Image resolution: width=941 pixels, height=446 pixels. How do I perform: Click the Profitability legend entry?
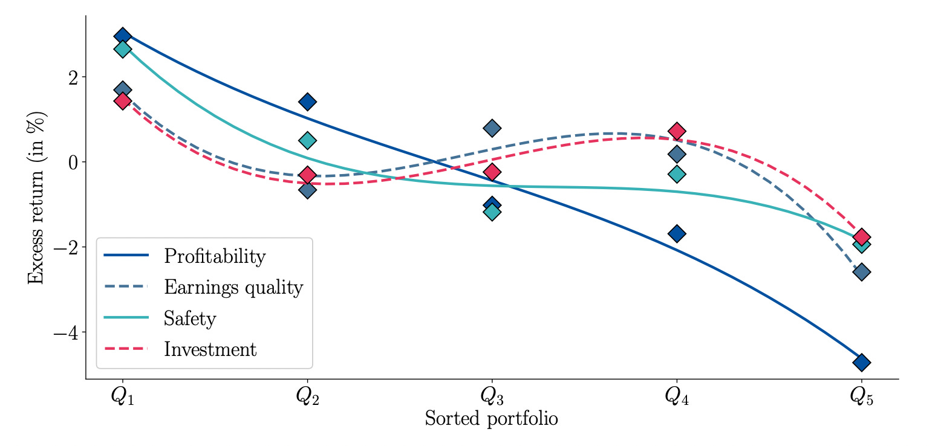point(214,256)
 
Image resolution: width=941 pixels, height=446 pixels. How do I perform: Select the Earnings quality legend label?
point(233,287)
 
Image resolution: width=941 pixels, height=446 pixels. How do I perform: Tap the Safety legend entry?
point(189,318)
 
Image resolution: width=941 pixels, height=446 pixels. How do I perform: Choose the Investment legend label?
point(210,349)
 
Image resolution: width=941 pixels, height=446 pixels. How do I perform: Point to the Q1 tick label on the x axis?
point(122,396)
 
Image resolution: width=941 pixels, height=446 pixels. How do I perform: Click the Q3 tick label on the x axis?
point(492,396)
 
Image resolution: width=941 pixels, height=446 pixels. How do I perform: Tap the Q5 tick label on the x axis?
point(861,396)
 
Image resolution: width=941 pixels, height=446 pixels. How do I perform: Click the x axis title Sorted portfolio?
point(491,419)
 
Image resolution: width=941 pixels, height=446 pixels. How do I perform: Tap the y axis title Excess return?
point(36,197)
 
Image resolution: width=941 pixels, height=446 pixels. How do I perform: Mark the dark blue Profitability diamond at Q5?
point(861,363)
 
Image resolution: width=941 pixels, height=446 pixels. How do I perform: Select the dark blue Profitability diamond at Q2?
point(307,102)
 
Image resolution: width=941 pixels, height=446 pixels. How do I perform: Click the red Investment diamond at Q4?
point(677,131)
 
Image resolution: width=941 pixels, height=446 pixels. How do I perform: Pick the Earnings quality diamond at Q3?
point(492,128)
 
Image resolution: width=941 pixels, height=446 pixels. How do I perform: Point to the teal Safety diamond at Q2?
point(307,141)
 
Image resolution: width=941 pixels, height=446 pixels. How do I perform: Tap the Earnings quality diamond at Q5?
point(861,272)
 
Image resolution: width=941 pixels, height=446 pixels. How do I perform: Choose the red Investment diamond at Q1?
point(122,101)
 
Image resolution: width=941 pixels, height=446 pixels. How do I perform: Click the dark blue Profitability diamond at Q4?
point(677,233)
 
